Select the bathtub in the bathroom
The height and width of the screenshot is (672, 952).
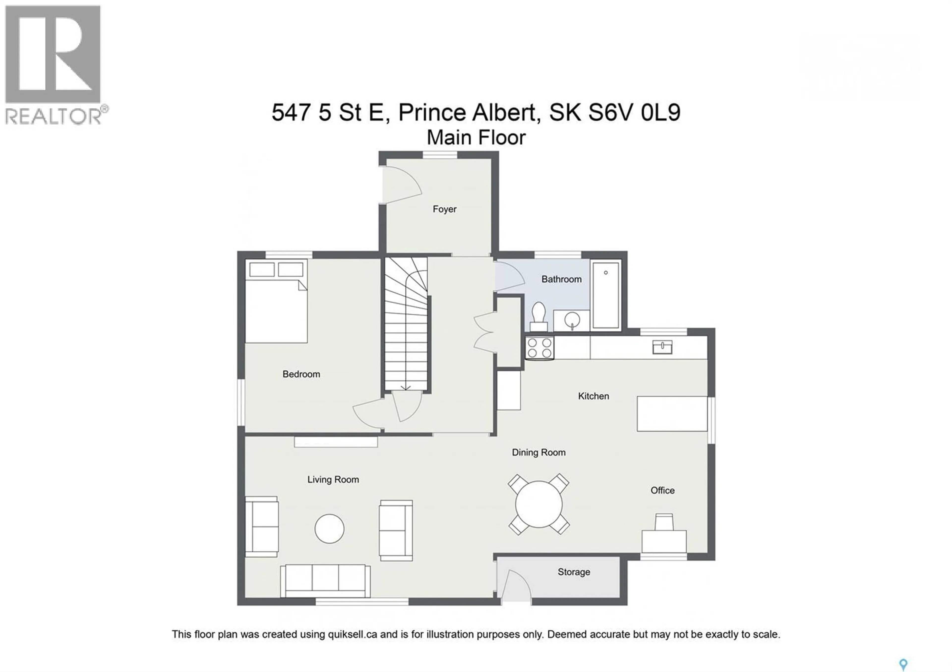pos(605,295)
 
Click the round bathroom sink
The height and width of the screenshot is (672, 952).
pos(572,320)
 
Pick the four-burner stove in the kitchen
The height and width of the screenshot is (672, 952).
pos(539,348)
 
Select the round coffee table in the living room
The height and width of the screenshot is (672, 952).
pos(329,528)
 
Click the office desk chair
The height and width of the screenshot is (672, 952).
pos(664,522)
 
